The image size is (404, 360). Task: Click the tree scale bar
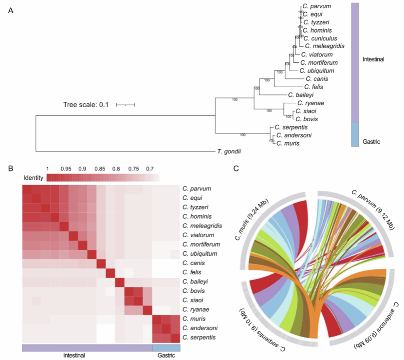point(125,105)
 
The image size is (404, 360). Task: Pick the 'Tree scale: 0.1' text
point(86,105)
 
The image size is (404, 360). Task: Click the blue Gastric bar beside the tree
point(355,134)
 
